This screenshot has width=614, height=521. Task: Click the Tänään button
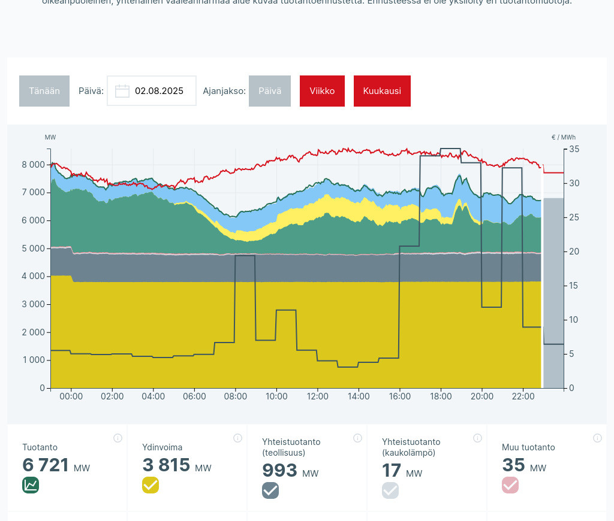click(x=44, y=91)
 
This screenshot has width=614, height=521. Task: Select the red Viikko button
click(x=322, y=91)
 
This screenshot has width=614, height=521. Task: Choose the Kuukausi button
click(x=382, y=91)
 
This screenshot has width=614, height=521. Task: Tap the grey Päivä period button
click(x=270, y=91)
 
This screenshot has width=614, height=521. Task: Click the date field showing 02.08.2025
click(x=159, y=91)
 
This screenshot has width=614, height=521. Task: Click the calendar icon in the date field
click(x=122, y=91)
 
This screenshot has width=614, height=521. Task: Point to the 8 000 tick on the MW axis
click(x=33, y=165)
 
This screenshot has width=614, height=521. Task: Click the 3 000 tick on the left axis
click(x=33, y=304)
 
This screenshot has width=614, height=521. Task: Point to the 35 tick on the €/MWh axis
click(x=574, y=149)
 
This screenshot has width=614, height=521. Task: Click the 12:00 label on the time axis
click(x=317, y=396)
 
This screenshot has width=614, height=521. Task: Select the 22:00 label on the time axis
click(x=523, y=396)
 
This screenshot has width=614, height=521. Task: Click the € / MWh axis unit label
click(x=563, y=138)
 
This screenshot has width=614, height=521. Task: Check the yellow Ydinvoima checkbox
click(x=151, y=485)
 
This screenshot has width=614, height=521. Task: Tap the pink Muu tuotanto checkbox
click(x=510, y=485)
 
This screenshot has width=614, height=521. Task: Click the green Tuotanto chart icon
click(x=31, y=485)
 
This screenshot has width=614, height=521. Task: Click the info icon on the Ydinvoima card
click(x=237, y=438)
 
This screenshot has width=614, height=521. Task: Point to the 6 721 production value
click(x=47, y=465)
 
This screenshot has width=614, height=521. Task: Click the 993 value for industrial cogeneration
click(x=279, y=471)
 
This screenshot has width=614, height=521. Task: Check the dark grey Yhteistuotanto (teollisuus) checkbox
click(x=270, y=490)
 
